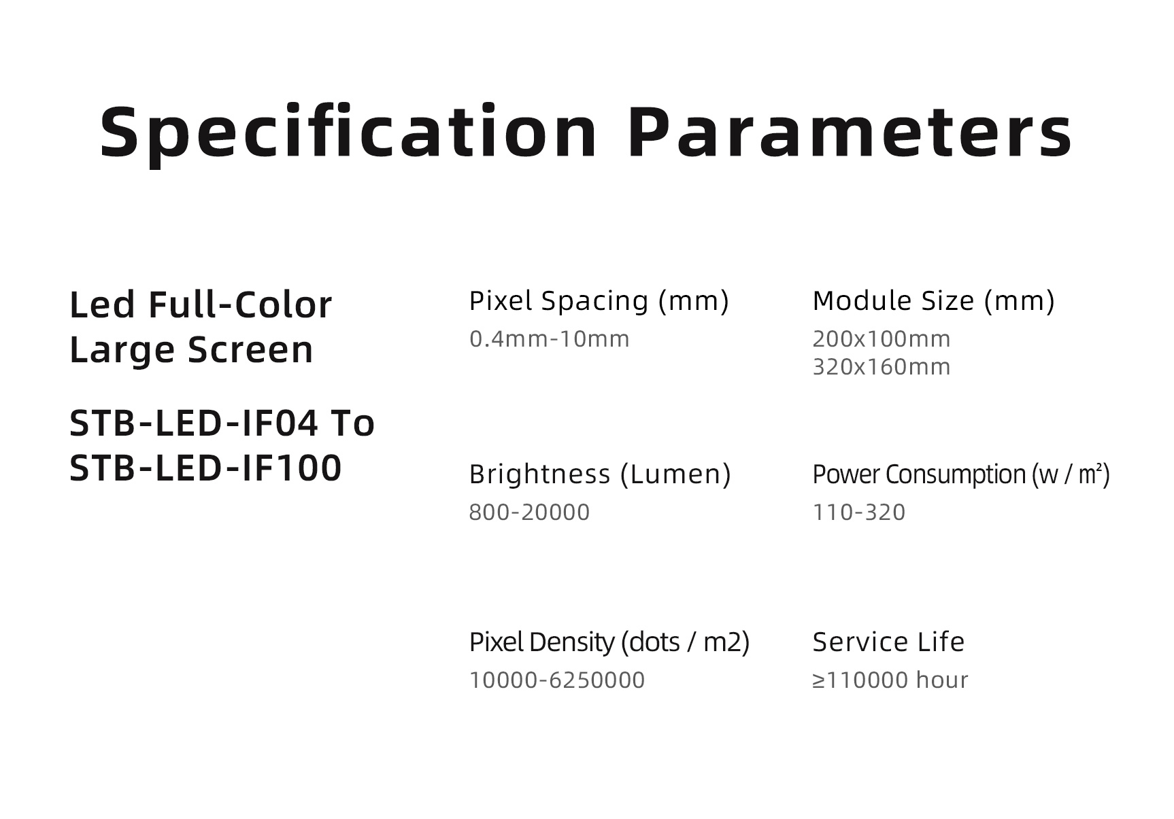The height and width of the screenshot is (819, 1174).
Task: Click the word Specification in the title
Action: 349,133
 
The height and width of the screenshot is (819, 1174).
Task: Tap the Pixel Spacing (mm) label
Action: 599,301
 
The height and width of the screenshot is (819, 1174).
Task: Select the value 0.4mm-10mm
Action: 550,338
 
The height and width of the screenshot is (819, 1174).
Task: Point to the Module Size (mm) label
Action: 934,301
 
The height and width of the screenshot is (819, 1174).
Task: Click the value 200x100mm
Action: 882,338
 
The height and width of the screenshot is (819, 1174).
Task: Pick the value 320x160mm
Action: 882,367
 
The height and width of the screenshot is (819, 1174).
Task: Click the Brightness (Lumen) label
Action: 600,474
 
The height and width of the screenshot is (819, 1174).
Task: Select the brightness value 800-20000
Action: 529,512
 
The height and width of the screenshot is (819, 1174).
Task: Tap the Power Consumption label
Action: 961,474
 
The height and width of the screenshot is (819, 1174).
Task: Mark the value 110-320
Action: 859,512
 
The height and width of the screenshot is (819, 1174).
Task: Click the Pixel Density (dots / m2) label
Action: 609,642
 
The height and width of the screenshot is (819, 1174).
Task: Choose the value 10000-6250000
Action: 557,680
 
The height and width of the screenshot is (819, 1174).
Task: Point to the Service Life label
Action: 888,642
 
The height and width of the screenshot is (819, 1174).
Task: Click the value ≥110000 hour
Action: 890,680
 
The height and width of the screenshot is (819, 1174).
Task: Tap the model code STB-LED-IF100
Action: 205,468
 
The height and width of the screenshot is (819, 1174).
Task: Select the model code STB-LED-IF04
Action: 194,423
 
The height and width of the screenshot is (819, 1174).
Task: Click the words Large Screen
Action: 191,350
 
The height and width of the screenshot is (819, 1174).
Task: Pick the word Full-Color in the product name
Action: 240,304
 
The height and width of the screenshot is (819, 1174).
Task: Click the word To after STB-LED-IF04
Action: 352,423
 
